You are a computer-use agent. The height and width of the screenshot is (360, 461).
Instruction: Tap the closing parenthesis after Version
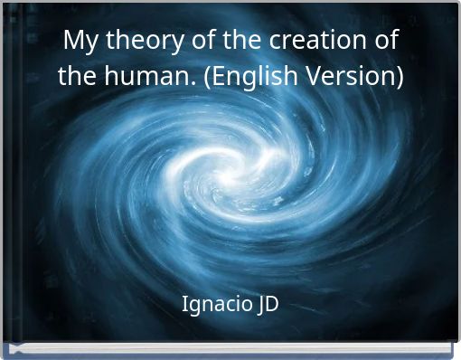click(399, 77)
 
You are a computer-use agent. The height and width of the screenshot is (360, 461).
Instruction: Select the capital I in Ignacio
click(184, 303)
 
